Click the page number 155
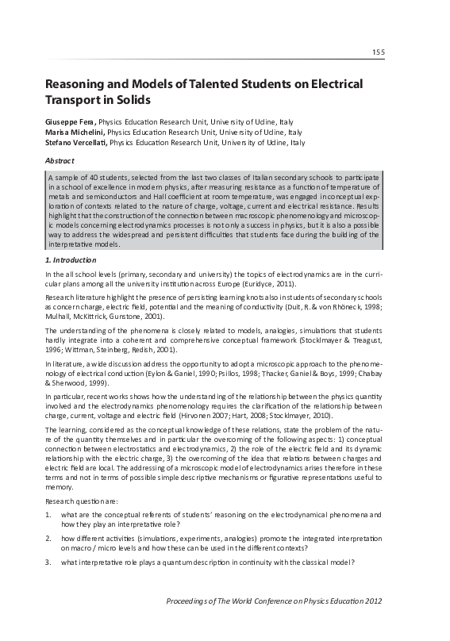pos(379,52)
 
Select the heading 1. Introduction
pos(71,259)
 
